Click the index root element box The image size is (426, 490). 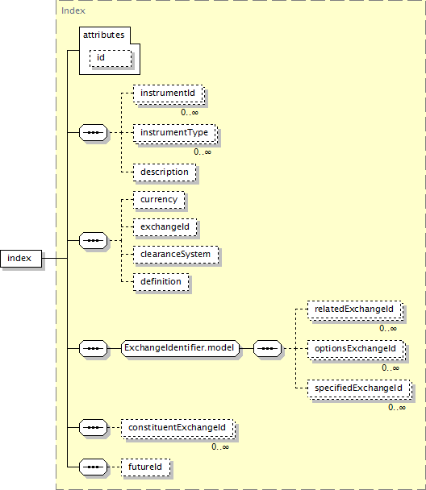[x=21, y=259]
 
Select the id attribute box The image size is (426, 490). [x=111, y=58]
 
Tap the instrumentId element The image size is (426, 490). [x=169, y=93]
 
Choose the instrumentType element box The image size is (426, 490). [x=175, y=134]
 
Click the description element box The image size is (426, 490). [x=165, y=172]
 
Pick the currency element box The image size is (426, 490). [x=159, y=200]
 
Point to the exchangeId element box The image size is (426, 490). [x=165, y=227]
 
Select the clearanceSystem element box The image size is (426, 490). [x=176, y=255]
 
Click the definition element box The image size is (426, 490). [x=161, y=282]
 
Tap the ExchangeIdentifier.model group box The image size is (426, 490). [x=180, y=348]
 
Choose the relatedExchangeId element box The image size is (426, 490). [x=355, y=309]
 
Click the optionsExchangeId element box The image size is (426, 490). [x=357, y=349]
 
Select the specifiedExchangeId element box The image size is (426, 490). [x=360, y=388]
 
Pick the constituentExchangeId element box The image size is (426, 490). [x=178, y=428]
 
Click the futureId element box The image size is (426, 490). [x=146, y=467]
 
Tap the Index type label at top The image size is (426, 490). [x=73, y=11]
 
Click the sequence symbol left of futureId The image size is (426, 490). [x=94, y=467]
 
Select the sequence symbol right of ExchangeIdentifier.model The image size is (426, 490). [x=267, y=348]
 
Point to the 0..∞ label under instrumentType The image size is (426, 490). [x=203, y=152]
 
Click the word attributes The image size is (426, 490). [x=104, y=35]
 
